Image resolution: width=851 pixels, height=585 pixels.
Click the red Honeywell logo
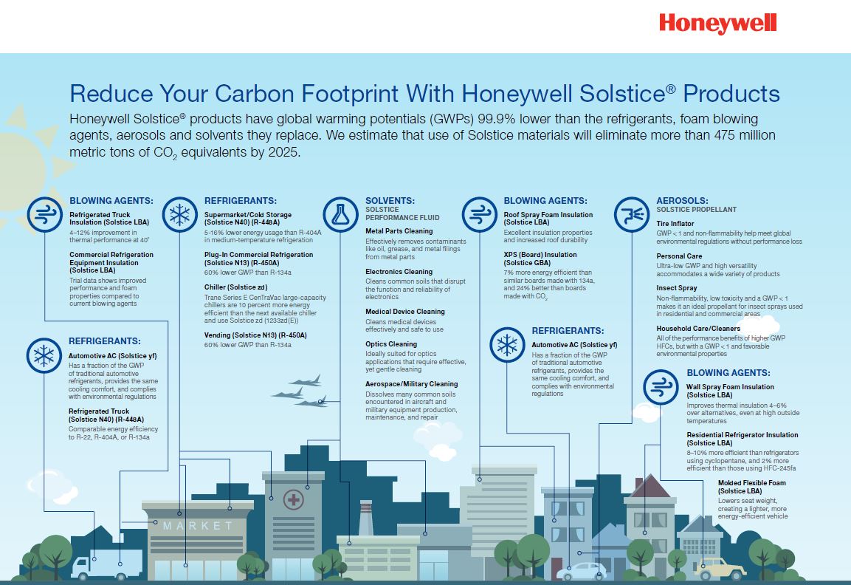coord(717,24)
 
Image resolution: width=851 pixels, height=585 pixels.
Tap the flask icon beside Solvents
coord(340,214)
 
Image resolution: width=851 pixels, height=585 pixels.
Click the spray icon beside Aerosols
coord(632,214)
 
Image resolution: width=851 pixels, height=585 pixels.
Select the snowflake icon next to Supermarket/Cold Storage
coord(179,214)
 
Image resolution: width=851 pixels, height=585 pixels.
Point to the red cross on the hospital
coord(294,499)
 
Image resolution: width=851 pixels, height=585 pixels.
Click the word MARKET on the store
coord(198,526)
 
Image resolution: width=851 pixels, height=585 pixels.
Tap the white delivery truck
coord(106,564)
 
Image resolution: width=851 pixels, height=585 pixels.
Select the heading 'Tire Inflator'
coord(675,223)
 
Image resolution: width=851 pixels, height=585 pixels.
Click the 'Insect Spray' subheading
coord(676,288)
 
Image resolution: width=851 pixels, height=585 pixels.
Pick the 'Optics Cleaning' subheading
coord(390,343)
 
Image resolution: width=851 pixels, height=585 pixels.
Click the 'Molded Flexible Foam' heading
coord(751,483)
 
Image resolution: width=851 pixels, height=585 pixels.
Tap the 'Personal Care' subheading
coord(679,256)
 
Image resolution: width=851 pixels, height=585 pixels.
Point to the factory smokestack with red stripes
coord(366,518)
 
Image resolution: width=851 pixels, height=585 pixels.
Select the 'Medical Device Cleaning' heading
coord(405,311)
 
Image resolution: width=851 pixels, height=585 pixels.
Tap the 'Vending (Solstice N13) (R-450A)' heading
coord(255,335)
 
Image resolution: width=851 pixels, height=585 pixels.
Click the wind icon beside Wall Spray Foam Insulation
coord(661,387)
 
